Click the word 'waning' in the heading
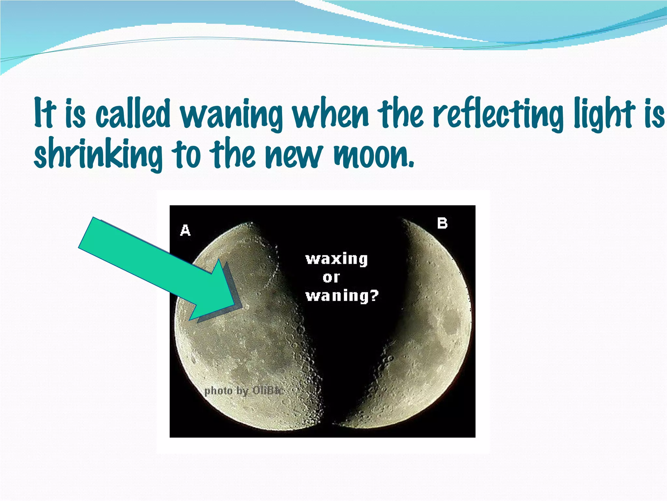231,115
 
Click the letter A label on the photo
185,230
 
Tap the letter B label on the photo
442,223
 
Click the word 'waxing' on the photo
336,259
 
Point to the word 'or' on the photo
331,278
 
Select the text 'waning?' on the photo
342,296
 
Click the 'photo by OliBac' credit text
243,390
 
